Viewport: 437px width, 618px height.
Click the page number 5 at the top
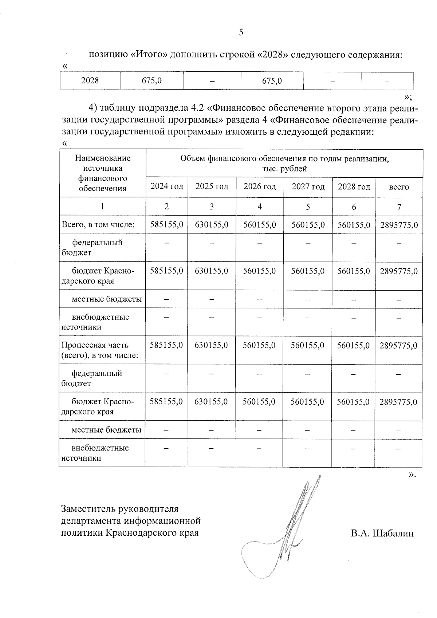tap(241, 33)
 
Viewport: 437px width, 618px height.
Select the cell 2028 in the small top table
tap(90, 80)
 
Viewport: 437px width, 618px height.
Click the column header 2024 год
tap(167, 187)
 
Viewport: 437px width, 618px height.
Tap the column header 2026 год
tap(260, 187)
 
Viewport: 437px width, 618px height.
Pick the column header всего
tap(399, 187)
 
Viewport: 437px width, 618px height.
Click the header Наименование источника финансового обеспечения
tap(103, 173)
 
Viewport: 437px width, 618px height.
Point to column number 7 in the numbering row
tap(399, 207)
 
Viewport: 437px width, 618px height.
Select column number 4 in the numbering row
tap(260, 207)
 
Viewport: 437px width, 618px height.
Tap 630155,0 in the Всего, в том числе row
tap(212, 225)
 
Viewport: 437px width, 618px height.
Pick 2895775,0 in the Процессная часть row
tap(398, 346)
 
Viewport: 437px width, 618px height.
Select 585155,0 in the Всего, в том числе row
tap(166, 225)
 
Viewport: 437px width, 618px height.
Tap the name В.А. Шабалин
tap(382, 534)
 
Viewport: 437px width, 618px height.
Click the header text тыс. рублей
tap(284, 169)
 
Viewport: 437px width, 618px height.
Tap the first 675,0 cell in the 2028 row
tap(151, 80)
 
